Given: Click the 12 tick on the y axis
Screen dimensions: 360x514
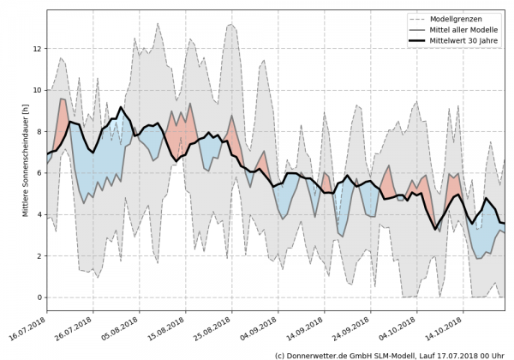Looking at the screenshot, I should click(38, 48).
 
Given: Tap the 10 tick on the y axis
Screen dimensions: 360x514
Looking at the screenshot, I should click(38, 90).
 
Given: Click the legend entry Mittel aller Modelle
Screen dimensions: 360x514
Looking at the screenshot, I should click(463, 30).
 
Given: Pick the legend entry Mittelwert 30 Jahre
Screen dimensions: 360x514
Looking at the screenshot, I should click(463, 41).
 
